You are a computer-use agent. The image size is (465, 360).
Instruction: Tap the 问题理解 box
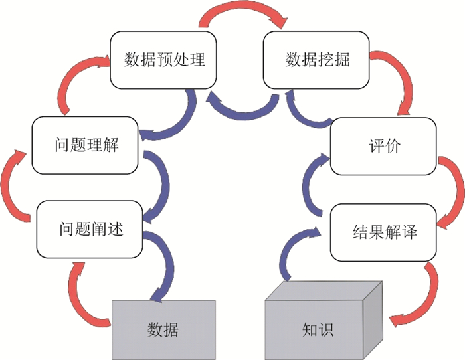(x=86, y=144)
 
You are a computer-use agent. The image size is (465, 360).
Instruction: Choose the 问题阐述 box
(x=89, y=230)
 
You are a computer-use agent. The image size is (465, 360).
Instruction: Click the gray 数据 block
(x=163, y=329)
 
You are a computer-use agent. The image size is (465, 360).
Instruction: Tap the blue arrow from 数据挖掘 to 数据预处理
(x=242, y=108)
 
